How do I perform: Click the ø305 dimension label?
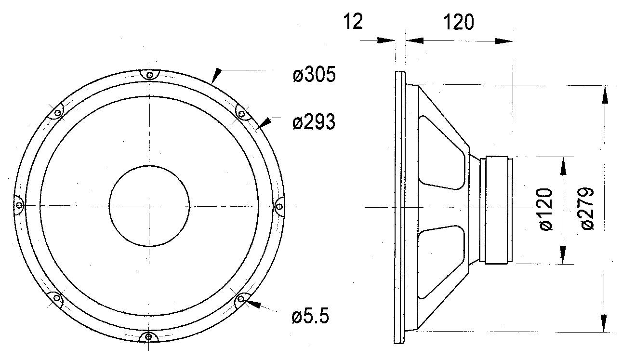tap(314, 74)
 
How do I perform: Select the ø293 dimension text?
tap(314, 122)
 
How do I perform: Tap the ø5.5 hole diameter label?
tap(310, 316)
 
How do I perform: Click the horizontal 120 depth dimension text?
tap(459, 22)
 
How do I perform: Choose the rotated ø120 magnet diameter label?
tap(546, 210)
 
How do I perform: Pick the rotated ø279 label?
tap(588, 209)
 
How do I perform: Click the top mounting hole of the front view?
tap(149, 75)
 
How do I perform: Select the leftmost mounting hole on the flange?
tap(19, 206)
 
